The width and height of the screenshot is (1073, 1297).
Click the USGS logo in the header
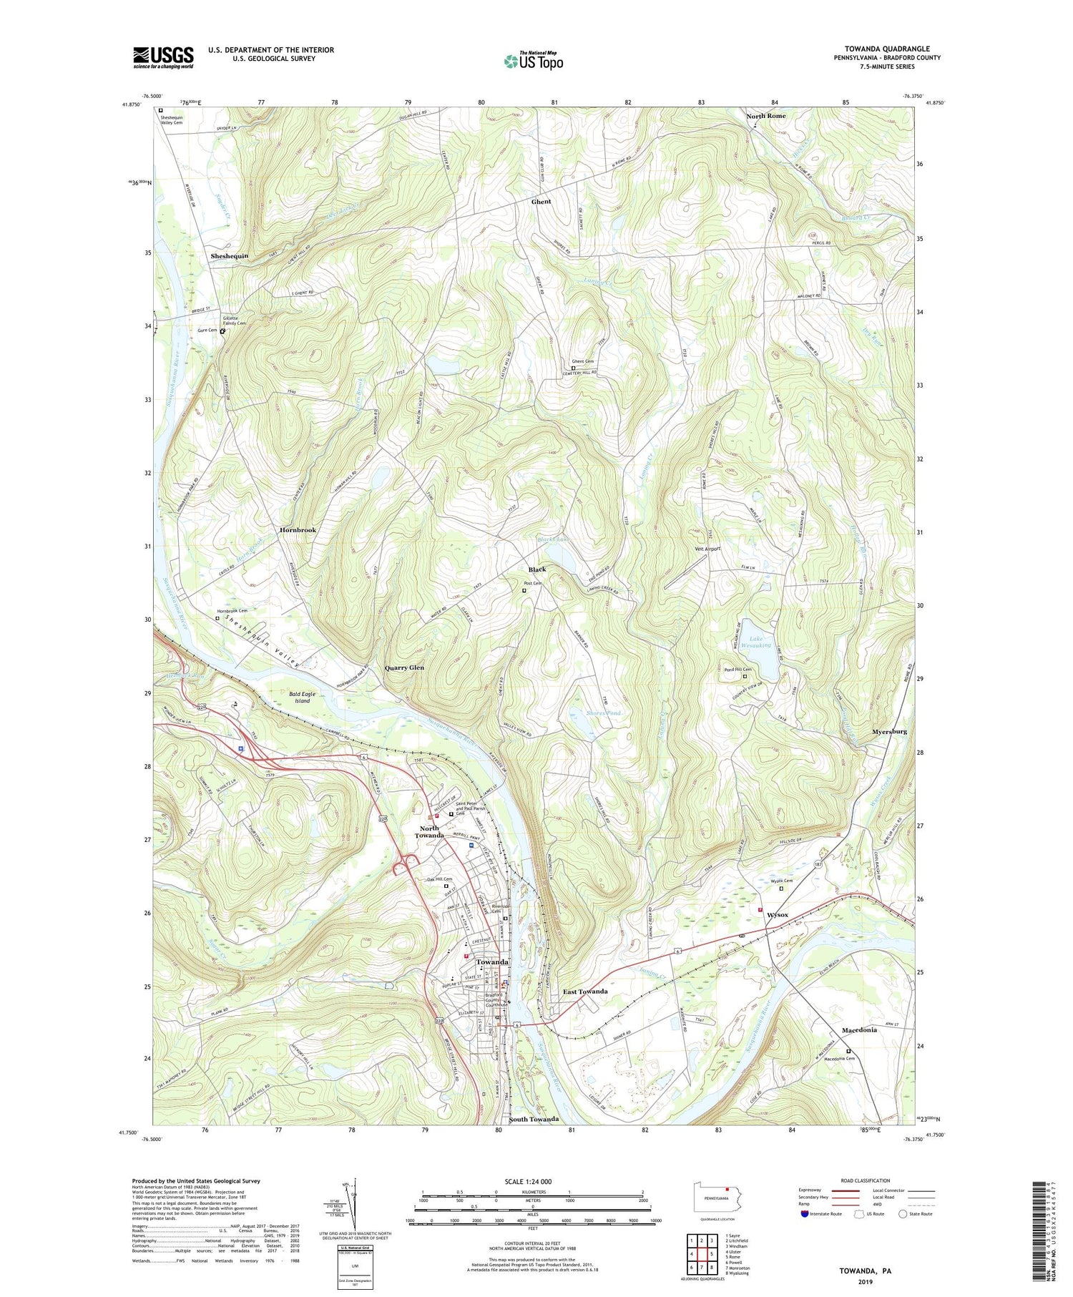(x=163, y=57)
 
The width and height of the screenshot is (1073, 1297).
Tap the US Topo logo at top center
(x=533, y=61)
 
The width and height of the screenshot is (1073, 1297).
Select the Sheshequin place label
(x=229, y=255)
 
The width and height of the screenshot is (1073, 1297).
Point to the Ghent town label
(x=541, y=202)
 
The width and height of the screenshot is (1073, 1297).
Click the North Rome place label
(x=765, y=116)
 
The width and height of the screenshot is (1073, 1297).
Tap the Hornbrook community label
(x=298, y=530)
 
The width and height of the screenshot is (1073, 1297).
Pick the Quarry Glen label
(x=404, y=667)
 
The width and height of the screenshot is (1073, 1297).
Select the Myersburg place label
(x=889, y=732)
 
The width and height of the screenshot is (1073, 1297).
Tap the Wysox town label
(x=778, y=915)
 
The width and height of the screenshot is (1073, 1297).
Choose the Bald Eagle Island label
(x=303, y=697)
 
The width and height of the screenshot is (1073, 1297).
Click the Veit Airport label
(x=707, y=549)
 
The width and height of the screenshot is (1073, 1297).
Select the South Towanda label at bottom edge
(x=533, y=1119)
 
